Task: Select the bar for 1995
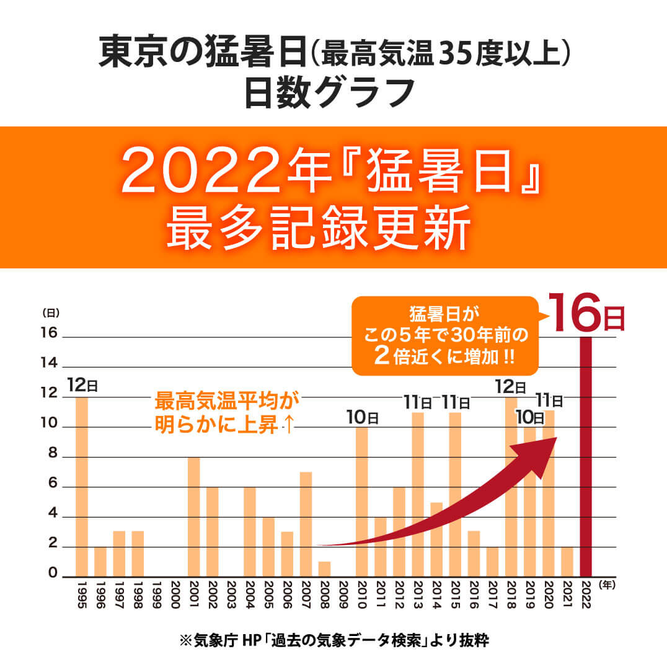click(81, 487)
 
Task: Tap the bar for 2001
click(193, 516)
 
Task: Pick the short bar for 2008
click(325, 569)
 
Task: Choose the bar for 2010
click(362, 501)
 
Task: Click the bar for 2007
click(306, 524)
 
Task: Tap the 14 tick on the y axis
click(49, 363)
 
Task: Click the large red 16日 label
click(586, 314)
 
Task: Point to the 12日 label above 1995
click(82, 385)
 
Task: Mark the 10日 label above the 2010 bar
click(363, 417)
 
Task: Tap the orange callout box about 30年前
click(443, 336)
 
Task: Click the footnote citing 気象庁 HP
click(333, 640)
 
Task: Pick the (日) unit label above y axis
click(50, 313)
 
